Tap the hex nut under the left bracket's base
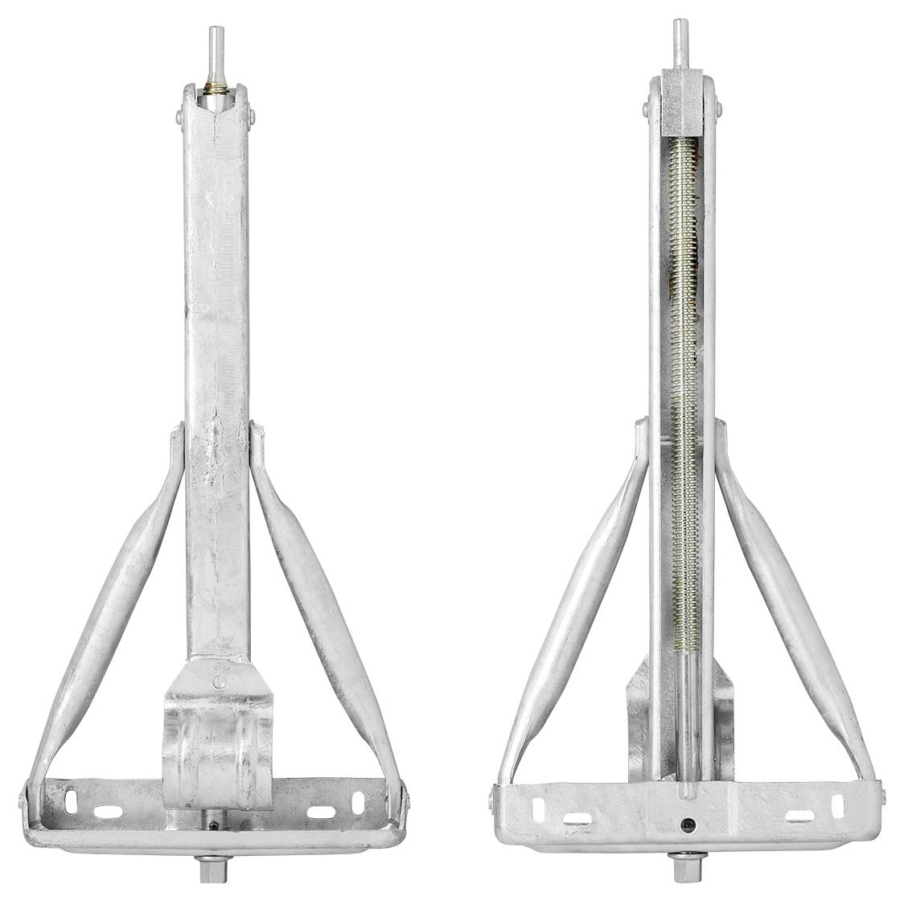pos(215,868)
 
